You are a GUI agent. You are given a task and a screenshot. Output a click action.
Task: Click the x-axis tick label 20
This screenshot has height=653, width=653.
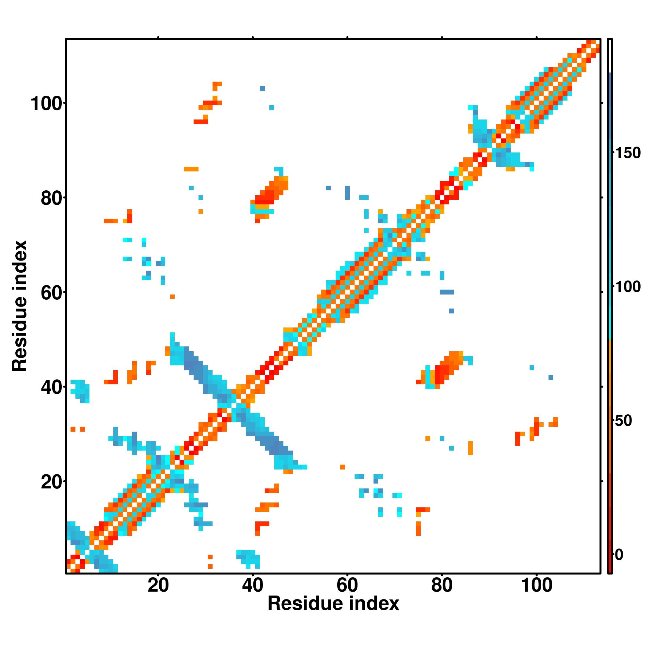[x=158, y=585]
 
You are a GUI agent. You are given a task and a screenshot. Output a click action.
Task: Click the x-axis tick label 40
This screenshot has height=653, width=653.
[x=252, y=585]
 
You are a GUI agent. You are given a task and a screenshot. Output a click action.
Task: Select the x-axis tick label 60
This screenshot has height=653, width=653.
[x=347, y=585]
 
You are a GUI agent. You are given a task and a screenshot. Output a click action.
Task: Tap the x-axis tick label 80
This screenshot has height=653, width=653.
[x=442, y=585]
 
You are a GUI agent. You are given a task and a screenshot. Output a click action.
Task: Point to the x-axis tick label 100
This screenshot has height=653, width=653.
[x=537, y=585]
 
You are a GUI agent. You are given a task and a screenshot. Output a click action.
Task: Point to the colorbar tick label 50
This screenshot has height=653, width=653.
[x=624, y=421]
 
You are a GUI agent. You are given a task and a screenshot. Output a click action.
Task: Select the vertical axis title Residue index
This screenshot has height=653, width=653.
[x=19, y=306]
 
